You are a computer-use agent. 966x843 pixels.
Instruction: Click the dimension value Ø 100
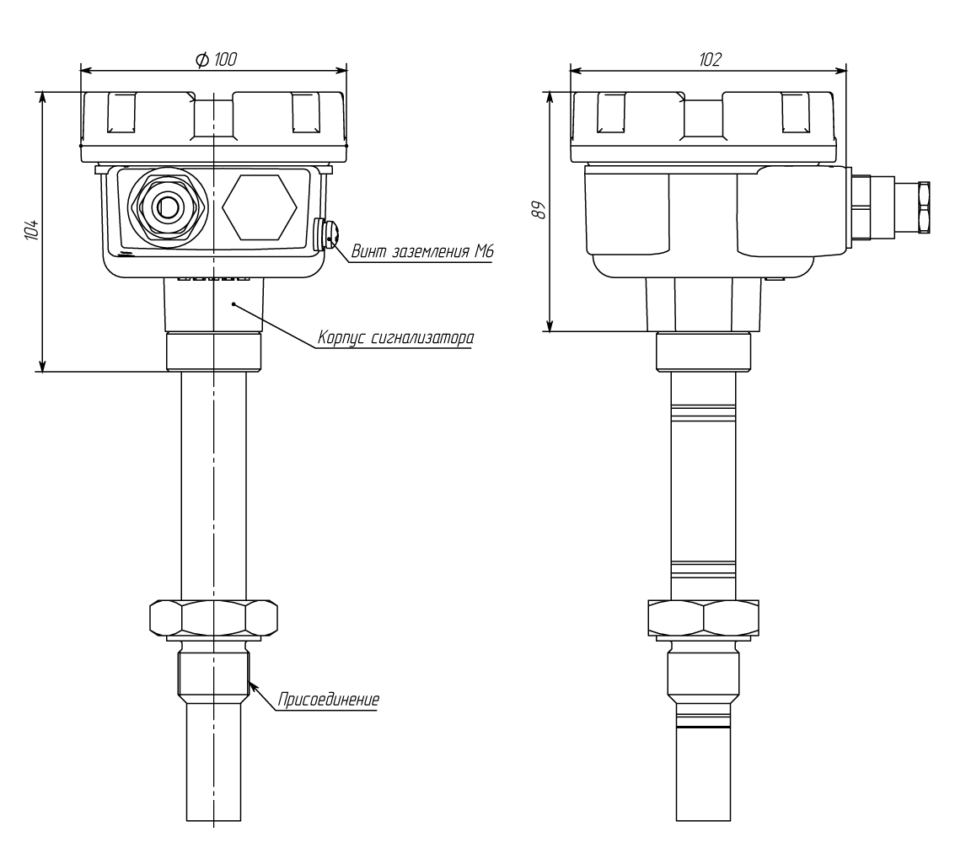coord(216,59)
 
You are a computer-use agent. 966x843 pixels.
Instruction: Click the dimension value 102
coord(710,59)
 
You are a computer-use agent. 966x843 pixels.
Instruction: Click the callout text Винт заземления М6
coord(422,251)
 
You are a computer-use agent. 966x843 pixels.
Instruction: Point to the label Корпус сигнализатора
coord(395,338)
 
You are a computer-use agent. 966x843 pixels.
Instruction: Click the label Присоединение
coord(329,700)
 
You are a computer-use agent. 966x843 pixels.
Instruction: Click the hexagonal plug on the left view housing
coord(260,207)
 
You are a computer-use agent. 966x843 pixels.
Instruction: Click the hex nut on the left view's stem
coord(214,618)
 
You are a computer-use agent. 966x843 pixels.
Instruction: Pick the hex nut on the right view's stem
coord(704,618)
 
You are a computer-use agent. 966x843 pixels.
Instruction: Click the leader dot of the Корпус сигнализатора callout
coord(234,303)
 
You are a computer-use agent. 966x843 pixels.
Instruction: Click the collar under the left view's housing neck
coord(214,352)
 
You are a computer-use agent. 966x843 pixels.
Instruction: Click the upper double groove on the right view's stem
coord(704,413)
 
